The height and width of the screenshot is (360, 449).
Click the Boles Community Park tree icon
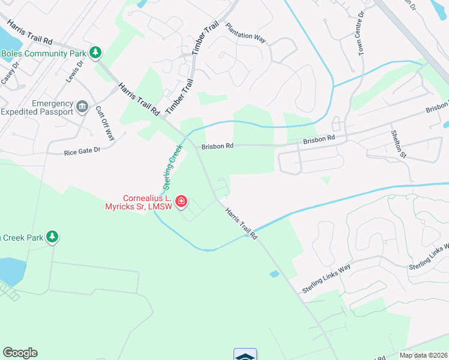pos(95,53)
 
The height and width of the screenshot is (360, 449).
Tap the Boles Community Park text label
pos(43,53)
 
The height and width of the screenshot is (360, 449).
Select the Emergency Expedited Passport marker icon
pos(83,107)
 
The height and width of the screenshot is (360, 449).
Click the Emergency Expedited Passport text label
pos(36,107)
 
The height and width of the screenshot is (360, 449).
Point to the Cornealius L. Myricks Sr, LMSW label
pos(147,203)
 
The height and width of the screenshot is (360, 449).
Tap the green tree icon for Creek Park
pos(53,238)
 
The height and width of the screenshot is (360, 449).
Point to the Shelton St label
pos(399,145)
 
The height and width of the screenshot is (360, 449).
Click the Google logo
pos(20,353)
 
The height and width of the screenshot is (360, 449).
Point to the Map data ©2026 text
pos(423,355)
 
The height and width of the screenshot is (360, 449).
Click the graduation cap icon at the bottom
pos(245,355)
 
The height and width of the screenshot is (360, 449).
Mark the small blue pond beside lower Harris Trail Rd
pos(274,274)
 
